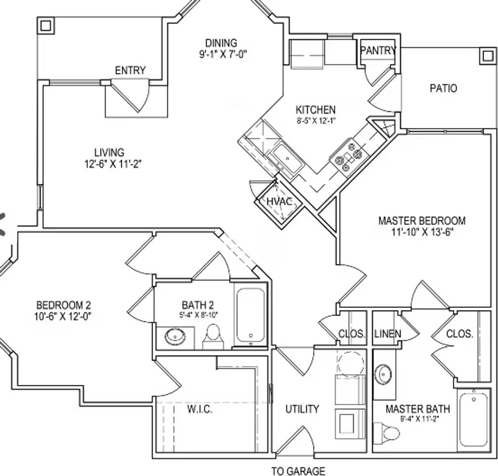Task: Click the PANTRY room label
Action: [x=378, y=51]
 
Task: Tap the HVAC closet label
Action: [x=279, y=202]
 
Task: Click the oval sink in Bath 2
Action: [x=175, y=337]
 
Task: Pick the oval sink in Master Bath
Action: [x=383, y=375]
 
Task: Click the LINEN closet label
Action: [x=387, y=334]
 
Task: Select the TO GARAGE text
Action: [x=298, y=471]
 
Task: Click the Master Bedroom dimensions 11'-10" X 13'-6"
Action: [x=422, y=232]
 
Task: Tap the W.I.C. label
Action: [x=200, y=409]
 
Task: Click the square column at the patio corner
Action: [x=487, y=56]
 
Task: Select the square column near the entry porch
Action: [x=45, y=26]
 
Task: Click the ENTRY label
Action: [x=130, y=71]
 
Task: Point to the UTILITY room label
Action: [x=302, y=409]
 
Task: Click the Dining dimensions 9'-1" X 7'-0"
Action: [x=221, y=54]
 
